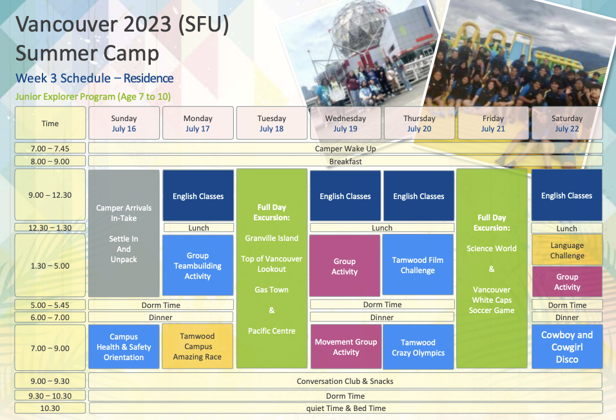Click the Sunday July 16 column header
click(124, 123)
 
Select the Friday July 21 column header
click(493, 123)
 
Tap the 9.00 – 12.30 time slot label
click(50, 195)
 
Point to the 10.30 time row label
click(50, 408)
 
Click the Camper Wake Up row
click(345, 148)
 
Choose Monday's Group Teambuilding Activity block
click(198, 265)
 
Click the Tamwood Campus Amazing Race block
click(197, 346)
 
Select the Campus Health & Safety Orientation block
click(124, 347)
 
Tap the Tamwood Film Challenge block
click(418, 264)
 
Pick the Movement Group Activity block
click(346, 347)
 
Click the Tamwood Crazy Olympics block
click(418, 347)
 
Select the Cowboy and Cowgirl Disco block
click(567, 347)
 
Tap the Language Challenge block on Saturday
click(567, 250)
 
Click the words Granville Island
click(271, 238)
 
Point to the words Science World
click(492, 248)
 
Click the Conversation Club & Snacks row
click(345, 381)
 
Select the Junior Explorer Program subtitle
click(93, 97)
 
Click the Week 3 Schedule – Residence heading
click(95, 78)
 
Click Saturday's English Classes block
click(566, 195)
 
